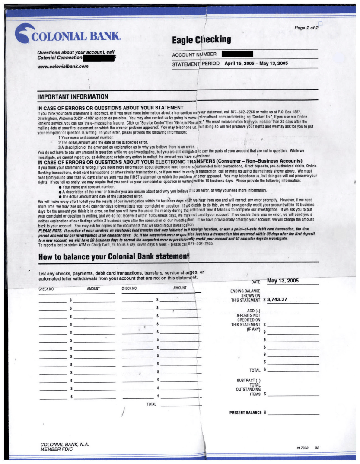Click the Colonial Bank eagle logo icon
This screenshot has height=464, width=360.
24,33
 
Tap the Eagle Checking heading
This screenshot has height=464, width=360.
201,40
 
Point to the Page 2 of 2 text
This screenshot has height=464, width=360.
306,28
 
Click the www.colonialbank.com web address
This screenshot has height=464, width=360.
63,67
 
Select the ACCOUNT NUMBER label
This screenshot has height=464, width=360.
194,54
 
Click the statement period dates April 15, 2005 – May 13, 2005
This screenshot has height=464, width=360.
256,64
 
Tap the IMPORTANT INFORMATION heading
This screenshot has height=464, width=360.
73,96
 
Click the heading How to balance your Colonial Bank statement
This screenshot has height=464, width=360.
114,257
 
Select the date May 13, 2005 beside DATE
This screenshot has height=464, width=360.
283,281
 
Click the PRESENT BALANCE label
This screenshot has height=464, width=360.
245,413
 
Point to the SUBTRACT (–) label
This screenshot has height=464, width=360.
248,380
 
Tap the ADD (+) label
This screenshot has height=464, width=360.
253,310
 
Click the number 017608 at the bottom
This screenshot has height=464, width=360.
303,448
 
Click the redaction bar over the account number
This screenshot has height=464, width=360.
237,54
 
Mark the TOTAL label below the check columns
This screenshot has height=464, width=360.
151,404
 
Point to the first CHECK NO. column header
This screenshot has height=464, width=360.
46,288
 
